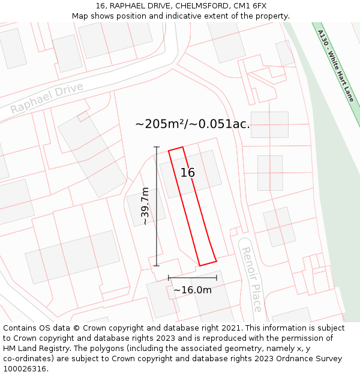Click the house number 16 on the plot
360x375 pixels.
pyautogui.click(x=188, y=173)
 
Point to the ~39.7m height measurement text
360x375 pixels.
pyautogui.click(x=145, y=206)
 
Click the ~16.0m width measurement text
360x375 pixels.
pyautogui.click(x=193, y=290)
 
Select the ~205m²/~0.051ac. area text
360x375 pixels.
pyautogui.click(x=193, y=124)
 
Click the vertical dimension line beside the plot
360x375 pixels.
pyautogui.click(x=157, y=228)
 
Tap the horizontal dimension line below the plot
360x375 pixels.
pyautogui.click(x=192, y=278)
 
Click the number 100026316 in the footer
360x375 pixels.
pyautogui.click(x=25, y=368)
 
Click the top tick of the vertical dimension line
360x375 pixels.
pyautogui.click(x=157, y=147)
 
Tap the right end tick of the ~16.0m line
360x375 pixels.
pyautogui.click(x=217, y=278)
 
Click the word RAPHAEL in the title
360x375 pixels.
pyautogui.click(x=128, y=6)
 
